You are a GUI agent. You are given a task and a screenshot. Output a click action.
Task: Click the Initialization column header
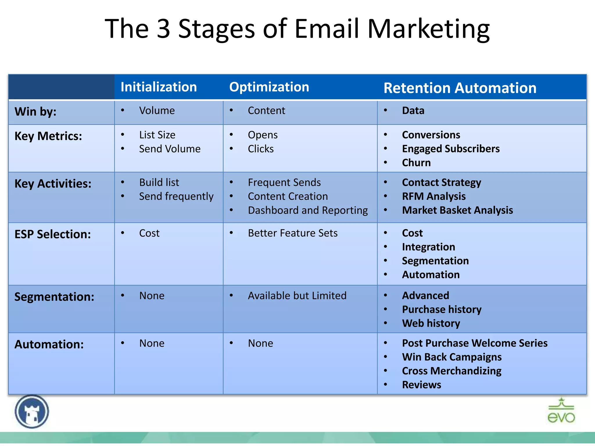(x=159, y=87)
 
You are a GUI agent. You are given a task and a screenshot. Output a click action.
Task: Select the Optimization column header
(x=269, y=87)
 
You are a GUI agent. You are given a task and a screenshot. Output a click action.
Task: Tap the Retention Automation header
(x=460, y=88)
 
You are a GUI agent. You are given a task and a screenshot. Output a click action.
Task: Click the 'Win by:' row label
(x=35, y=112)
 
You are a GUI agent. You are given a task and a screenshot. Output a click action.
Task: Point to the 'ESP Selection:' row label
(x=53, y=234)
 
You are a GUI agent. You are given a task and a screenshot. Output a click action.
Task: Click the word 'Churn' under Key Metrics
(x=416, y=163)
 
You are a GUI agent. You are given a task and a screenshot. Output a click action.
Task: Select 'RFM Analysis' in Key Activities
(x=433, y=196)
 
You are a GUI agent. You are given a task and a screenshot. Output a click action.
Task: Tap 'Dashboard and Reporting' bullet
(x=308, y=210)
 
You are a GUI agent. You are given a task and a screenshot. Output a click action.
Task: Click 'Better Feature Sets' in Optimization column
(x=293, y=233)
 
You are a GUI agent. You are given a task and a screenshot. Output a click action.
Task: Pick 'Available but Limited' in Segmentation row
(x=297, y=296)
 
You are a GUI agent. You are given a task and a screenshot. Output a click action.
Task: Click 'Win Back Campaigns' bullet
(x=451, y=357)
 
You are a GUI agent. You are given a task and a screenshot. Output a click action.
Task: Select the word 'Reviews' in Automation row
(x=421, y=385)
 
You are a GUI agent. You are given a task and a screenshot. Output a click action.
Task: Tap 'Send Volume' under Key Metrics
(x=170, y=149)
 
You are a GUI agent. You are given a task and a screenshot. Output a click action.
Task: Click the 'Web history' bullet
(x=431, y=323)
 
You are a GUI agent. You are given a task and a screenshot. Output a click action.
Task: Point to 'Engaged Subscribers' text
(x=451, y=149)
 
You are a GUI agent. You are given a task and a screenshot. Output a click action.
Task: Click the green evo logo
(x=561, y=411)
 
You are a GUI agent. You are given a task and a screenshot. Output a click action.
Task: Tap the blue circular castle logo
(x=32, y=412)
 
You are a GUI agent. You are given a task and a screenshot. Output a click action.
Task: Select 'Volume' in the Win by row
(x=157, y=111)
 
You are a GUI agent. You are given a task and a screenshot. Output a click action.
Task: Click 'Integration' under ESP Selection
(x=428, y=247)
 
